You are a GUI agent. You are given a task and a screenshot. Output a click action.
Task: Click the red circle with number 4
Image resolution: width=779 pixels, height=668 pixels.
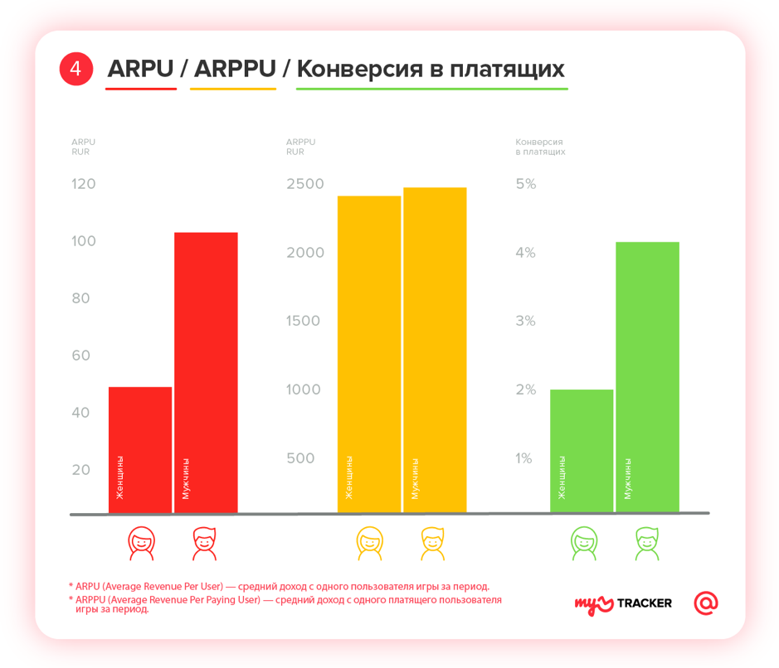(x=75, y=69)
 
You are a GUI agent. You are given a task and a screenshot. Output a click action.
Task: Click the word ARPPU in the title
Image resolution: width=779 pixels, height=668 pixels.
(x=234, y=69)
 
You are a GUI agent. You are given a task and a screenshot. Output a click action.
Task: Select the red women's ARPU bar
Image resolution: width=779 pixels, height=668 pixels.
(x=140, y=450)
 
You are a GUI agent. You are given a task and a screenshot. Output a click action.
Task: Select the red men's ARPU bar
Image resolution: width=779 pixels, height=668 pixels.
(x=206, y=373)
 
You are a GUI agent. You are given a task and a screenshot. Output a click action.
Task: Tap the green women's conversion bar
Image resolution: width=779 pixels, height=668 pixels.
(x=582, y=451)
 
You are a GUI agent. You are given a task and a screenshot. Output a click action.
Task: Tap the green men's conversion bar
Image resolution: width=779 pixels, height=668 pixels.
(x=647, y=377)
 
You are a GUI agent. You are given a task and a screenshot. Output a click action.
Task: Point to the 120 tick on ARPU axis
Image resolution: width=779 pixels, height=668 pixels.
(x=84, y=184)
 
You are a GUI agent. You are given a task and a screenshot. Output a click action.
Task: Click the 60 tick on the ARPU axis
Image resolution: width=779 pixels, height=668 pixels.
(x=80, y=356)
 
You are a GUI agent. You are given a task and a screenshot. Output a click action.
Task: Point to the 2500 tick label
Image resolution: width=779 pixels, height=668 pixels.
(x=305, y=184)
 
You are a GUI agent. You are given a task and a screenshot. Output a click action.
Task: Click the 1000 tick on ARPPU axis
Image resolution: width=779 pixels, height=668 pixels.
(x=304, y=390)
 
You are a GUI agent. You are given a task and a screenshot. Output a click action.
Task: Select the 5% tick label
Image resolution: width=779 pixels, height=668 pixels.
(x=526, y=184)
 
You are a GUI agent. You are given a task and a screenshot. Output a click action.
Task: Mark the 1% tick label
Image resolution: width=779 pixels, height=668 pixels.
(x=524, y=458)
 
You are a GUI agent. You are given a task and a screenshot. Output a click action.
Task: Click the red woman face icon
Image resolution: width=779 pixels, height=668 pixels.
(x=141, y=543)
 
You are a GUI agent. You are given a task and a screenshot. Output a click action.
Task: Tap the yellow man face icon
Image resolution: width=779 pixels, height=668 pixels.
(x=433, y=543)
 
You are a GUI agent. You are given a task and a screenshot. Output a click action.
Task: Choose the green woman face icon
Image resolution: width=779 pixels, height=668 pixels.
(x=584, y=543)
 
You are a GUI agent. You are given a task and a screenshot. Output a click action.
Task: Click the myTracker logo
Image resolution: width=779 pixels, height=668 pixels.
(x=623, y=603)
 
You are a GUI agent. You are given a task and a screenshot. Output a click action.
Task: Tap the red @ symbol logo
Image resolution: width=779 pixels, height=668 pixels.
(x=706, y=603)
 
